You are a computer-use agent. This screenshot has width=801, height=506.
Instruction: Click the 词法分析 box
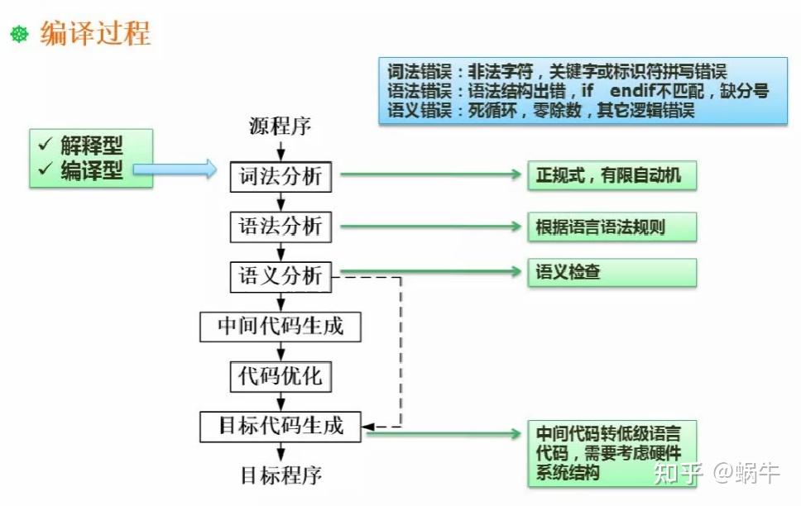[x=281, y=177]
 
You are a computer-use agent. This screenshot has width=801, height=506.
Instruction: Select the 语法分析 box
[x=281, y=227]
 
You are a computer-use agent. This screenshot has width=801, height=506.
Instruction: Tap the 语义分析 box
[x=281, y=277]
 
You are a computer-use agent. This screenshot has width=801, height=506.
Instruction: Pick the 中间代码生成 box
[x=281, y=327]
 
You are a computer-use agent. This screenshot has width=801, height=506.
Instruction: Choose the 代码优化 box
[x=281, y=377]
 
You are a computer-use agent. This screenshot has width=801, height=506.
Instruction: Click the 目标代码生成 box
[x=281, y=427]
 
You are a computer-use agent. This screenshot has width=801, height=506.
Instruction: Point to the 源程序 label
[x=280, y=126]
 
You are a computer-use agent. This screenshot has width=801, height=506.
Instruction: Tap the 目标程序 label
[x=281, y=475]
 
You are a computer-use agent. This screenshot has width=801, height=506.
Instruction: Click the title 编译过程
[x=95, y=34]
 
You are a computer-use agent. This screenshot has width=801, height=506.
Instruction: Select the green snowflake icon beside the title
[x=19, y=34]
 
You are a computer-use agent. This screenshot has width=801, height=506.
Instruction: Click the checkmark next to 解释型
[x=46, y=144]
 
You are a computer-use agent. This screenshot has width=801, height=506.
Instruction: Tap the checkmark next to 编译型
[x=46, y=168]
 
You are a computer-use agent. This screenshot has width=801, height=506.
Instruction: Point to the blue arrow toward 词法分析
[x=175, y=169]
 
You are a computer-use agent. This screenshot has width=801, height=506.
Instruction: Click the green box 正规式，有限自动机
[x=612, y=175]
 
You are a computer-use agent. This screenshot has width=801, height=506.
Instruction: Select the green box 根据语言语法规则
[x=612, y=227]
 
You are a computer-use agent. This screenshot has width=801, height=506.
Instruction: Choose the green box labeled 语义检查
[x=612, y=272]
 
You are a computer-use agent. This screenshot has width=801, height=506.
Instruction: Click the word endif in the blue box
[x=633, y=90]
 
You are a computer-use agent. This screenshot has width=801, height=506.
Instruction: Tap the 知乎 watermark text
[x=679, y=473]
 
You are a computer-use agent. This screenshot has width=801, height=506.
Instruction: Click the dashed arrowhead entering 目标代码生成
[x=367, y=427]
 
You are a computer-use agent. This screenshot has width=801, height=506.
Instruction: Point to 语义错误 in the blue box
[x=419, y=110]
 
